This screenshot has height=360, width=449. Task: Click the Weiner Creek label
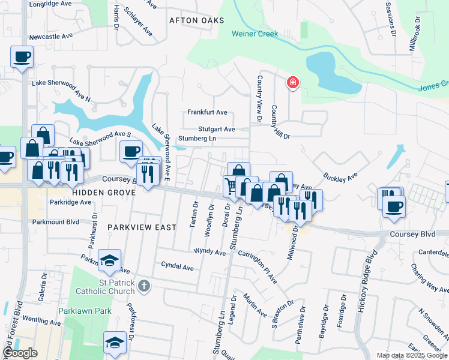point(255,34)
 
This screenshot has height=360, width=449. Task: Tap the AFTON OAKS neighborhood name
point(196,20)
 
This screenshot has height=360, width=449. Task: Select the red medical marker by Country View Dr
point(293,82)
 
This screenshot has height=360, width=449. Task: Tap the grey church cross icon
point(143,286)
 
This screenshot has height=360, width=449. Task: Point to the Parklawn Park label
point(85,311)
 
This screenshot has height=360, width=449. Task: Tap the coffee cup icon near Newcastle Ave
point(22,58)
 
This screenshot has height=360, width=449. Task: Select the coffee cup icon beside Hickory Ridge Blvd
point(394,207)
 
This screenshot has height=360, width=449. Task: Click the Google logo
point(19,353)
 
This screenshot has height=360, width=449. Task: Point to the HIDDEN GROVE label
point(97,193)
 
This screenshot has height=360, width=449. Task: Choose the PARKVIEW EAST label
point(142,227)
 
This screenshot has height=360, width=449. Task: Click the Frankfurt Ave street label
point(207,112)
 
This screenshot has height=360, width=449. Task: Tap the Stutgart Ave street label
point(217,129)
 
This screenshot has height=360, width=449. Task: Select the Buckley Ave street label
point(340,176)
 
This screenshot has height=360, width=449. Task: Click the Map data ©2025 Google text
point(411,355)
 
